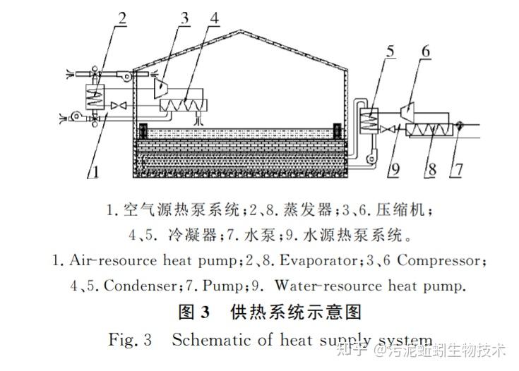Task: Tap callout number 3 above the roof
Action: coord(185,17)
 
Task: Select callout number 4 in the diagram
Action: coord(213,17)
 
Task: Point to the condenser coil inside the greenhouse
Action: coord(179,105)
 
